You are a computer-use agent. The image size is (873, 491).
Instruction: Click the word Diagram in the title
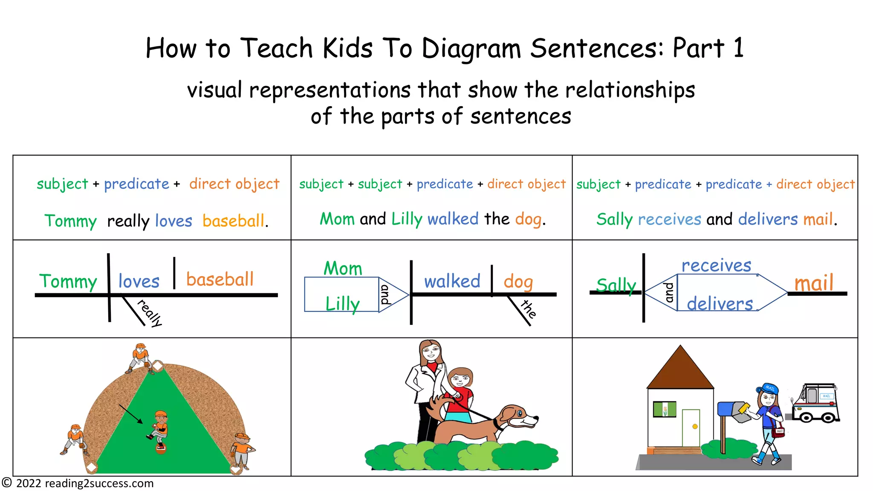point(471,49)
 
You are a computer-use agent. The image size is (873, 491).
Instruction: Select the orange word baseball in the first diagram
point(220,280)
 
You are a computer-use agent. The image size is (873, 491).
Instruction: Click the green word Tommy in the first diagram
point(68,282)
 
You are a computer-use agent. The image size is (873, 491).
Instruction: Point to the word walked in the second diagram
point(452,281)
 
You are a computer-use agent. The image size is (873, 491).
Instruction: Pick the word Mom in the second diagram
point(343,269)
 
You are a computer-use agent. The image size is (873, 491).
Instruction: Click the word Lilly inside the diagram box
point(342,304)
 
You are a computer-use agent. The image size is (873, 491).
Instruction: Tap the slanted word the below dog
point(528,309)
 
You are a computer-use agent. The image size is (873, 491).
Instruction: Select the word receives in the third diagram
point(716,266)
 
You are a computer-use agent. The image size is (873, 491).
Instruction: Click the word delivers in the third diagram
point(720,304)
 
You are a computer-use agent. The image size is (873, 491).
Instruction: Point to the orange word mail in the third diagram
point(814,283)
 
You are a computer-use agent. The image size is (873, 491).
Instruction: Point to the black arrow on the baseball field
point(131,414)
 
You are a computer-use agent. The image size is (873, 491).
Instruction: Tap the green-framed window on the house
point(665,409)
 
